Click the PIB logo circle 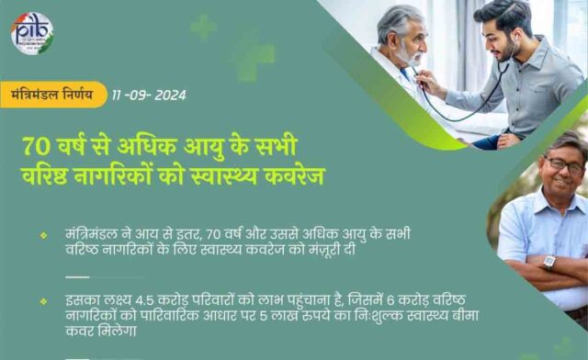point(32,32)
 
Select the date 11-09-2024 point(150,95)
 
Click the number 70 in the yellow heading point(38,147)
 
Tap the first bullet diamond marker point(43,236)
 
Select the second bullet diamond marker point(43,300)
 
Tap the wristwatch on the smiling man point(549,262)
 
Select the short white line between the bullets point(77,276)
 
